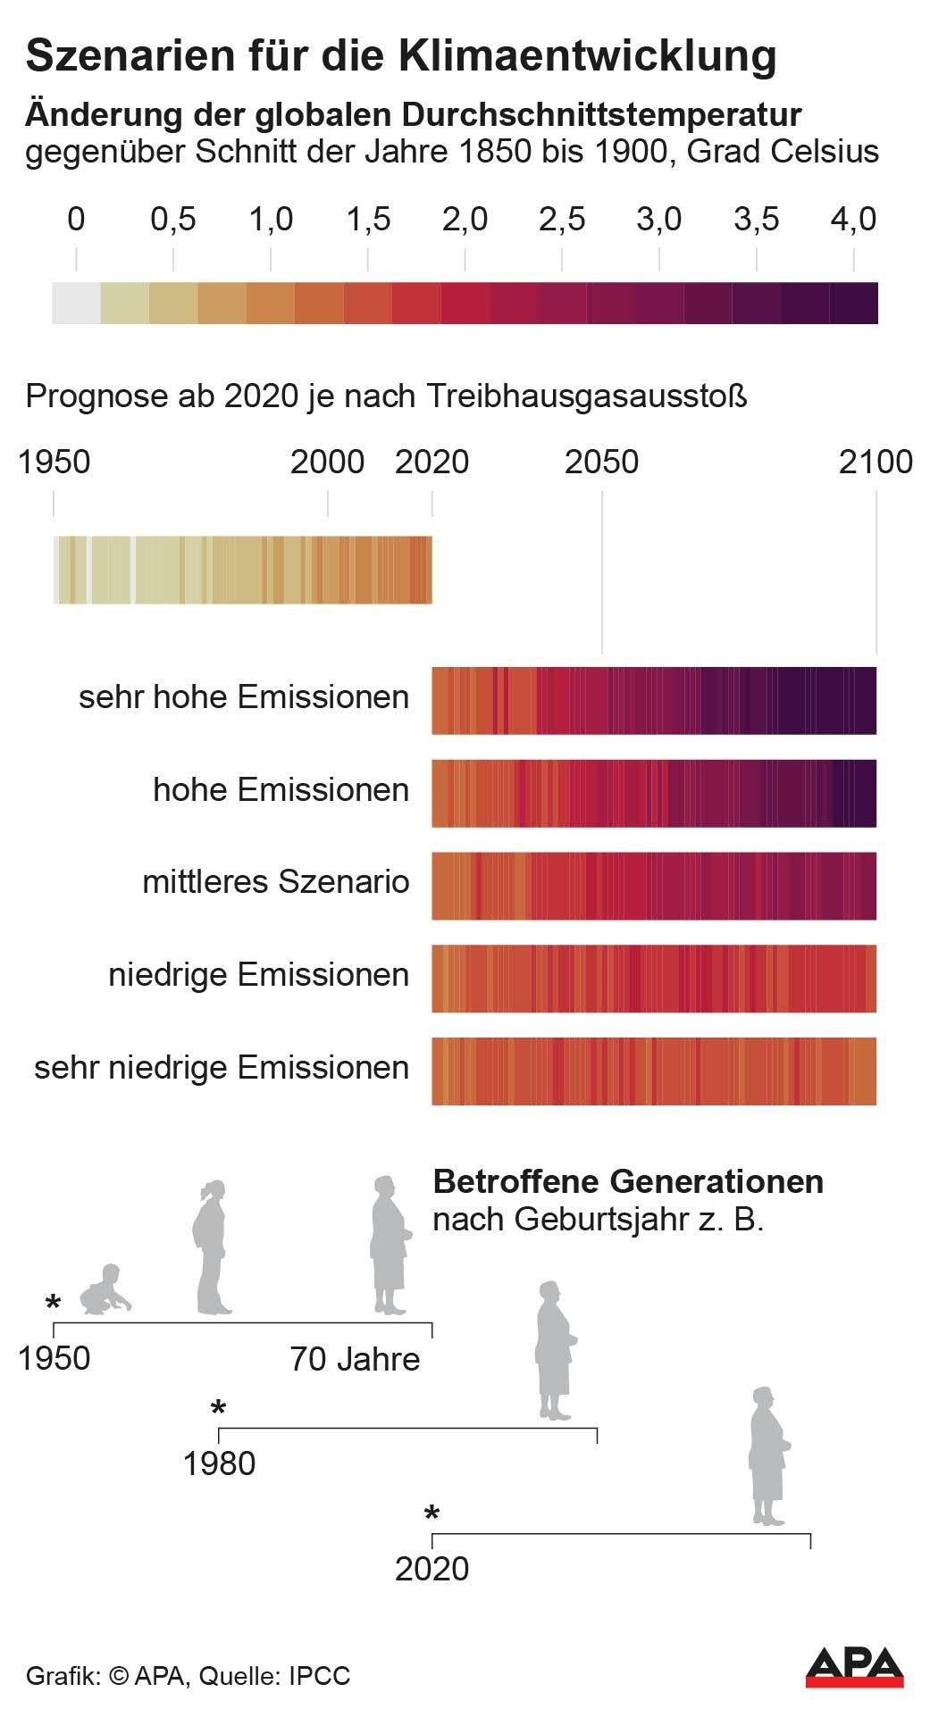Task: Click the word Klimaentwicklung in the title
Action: (587, 55)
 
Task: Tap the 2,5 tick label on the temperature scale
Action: (562, 220)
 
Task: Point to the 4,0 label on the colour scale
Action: (854, 220)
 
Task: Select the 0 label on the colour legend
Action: (76, 220)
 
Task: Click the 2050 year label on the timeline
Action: (601, 462)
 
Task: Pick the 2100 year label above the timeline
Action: (876, 462)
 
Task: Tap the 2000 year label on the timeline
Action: (328, 462)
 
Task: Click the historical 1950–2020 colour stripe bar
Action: (243, 570)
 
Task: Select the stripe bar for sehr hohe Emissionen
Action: (654, 700)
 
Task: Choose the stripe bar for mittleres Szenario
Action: (654, 886)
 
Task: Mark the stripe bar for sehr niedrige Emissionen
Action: (654, 1071)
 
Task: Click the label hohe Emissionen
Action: (281, 790)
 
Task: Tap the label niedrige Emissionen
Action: (258, 975)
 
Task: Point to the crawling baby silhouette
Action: (105, 1290)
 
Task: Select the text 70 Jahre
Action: (355, 1359)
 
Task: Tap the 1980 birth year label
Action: (219, 1463)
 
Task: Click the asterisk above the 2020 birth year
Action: (432, 1515)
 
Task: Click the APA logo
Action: (854, 1667)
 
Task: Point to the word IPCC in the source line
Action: (319, 1676)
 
